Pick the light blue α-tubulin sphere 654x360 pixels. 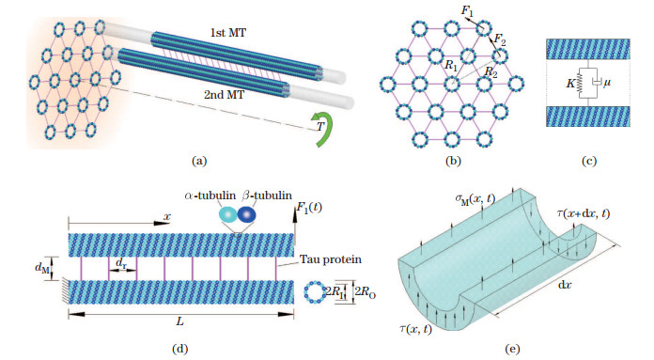(x=228, y=214)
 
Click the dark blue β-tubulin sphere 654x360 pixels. (x=247, y=214)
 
